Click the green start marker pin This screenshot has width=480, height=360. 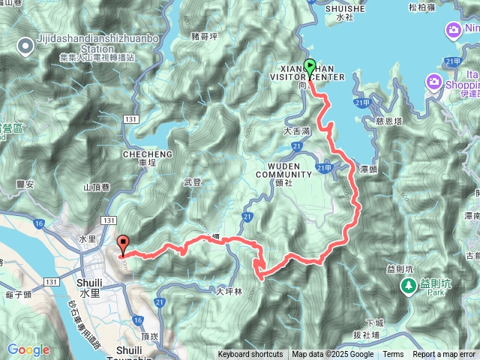tap(309, 68)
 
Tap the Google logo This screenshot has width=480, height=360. tap(28, 349)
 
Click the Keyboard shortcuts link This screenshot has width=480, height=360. tap(250, 355)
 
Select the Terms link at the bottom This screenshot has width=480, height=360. tap(393, 355)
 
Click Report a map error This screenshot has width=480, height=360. tap(443, 355)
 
